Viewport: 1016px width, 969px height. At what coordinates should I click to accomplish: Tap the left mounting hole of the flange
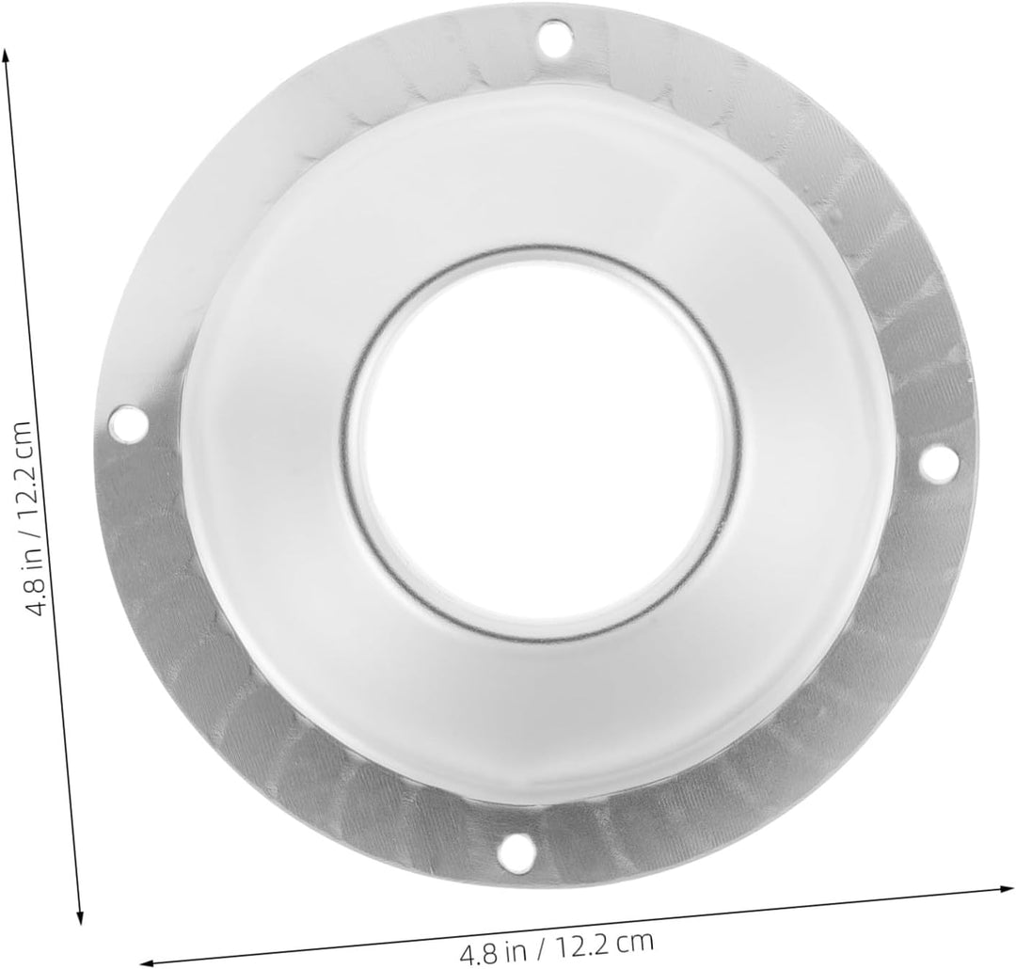tap(128, 422)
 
